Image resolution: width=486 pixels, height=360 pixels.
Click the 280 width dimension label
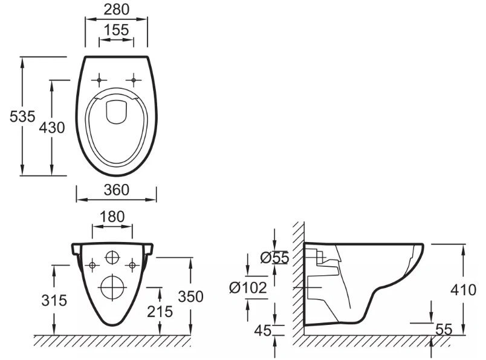(x=116, y=10)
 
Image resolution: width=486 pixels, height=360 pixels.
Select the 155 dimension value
(x=116, y=30)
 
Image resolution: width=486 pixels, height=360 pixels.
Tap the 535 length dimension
(x=22, y=117)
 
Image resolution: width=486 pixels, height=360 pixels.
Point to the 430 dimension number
(x=52, y=128)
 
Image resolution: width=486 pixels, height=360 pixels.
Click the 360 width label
(x=116, y=190)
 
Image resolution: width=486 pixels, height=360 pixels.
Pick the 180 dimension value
(x=112, y=217)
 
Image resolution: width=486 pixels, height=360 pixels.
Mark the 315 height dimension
(x=54, y=301)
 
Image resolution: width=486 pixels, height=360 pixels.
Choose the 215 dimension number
(x=160, y=312)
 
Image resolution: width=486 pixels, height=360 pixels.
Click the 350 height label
(x=190, y=296)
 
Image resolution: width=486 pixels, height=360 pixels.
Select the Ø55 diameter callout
(x=274, y=257)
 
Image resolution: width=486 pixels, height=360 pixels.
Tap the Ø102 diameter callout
(x=248, y=287)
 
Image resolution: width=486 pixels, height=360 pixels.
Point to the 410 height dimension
(x=463, y=290)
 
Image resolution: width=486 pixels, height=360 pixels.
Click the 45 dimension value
(x=263, y=330)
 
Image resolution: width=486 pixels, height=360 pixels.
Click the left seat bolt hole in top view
(x=99, y=80)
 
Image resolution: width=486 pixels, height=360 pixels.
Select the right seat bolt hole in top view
(x=134, y=80)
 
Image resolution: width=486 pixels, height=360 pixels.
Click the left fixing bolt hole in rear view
(x=92, y=265)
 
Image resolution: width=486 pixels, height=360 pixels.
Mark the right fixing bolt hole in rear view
(x=132, y=265)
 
